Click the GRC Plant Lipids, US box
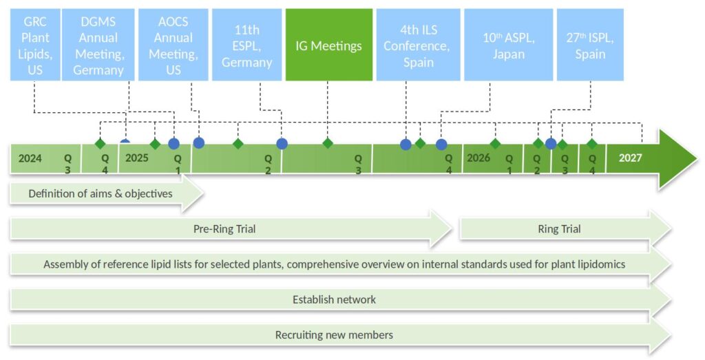[x=35, y=45]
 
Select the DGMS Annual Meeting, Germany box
[x=98, y=45]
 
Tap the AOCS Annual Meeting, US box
[x=173, y=45]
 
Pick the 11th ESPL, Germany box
[x=247, y=45]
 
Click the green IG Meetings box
[x=329, y=45]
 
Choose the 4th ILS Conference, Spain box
[x=418, y=45]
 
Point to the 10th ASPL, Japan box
[x=509, y=45]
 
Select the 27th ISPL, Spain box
[x=590, y=45]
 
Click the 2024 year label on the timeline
[x=30, y=158]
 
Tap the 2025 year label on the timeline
[x=137, y=158]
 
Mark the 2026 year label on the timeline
[x=478, y=158]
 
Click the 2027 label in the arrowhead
[x=630, y=158]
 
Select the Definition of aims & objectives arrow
[x=106, y=193]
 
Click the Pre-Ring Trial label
[x=224, y=229]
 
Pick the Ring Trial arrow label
[x=559, y=229]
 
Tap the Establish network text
[x=334, y=299]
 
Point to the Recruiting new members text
[x=334, y=335]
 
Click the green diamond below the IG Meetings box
[x=328, y=143]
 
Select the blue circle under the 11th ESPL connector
[x=282, y=143]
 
